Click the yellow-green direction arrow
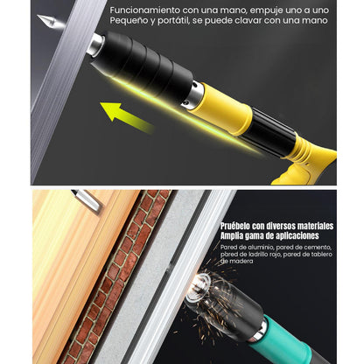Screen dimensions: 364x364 [x=125, y=117]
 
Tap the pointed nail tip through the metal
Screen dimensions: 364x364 [x=50, y=22]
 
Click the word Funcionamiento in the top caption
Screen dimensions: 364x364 [x=145, y=10]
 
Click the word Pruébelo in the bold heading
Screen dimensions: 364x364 [x=235, y=226]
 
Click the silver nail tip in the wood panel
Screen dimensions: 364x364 [x=87, y=200]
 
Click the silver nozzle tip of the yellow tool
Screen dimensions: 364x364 [x=94, y=44]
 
